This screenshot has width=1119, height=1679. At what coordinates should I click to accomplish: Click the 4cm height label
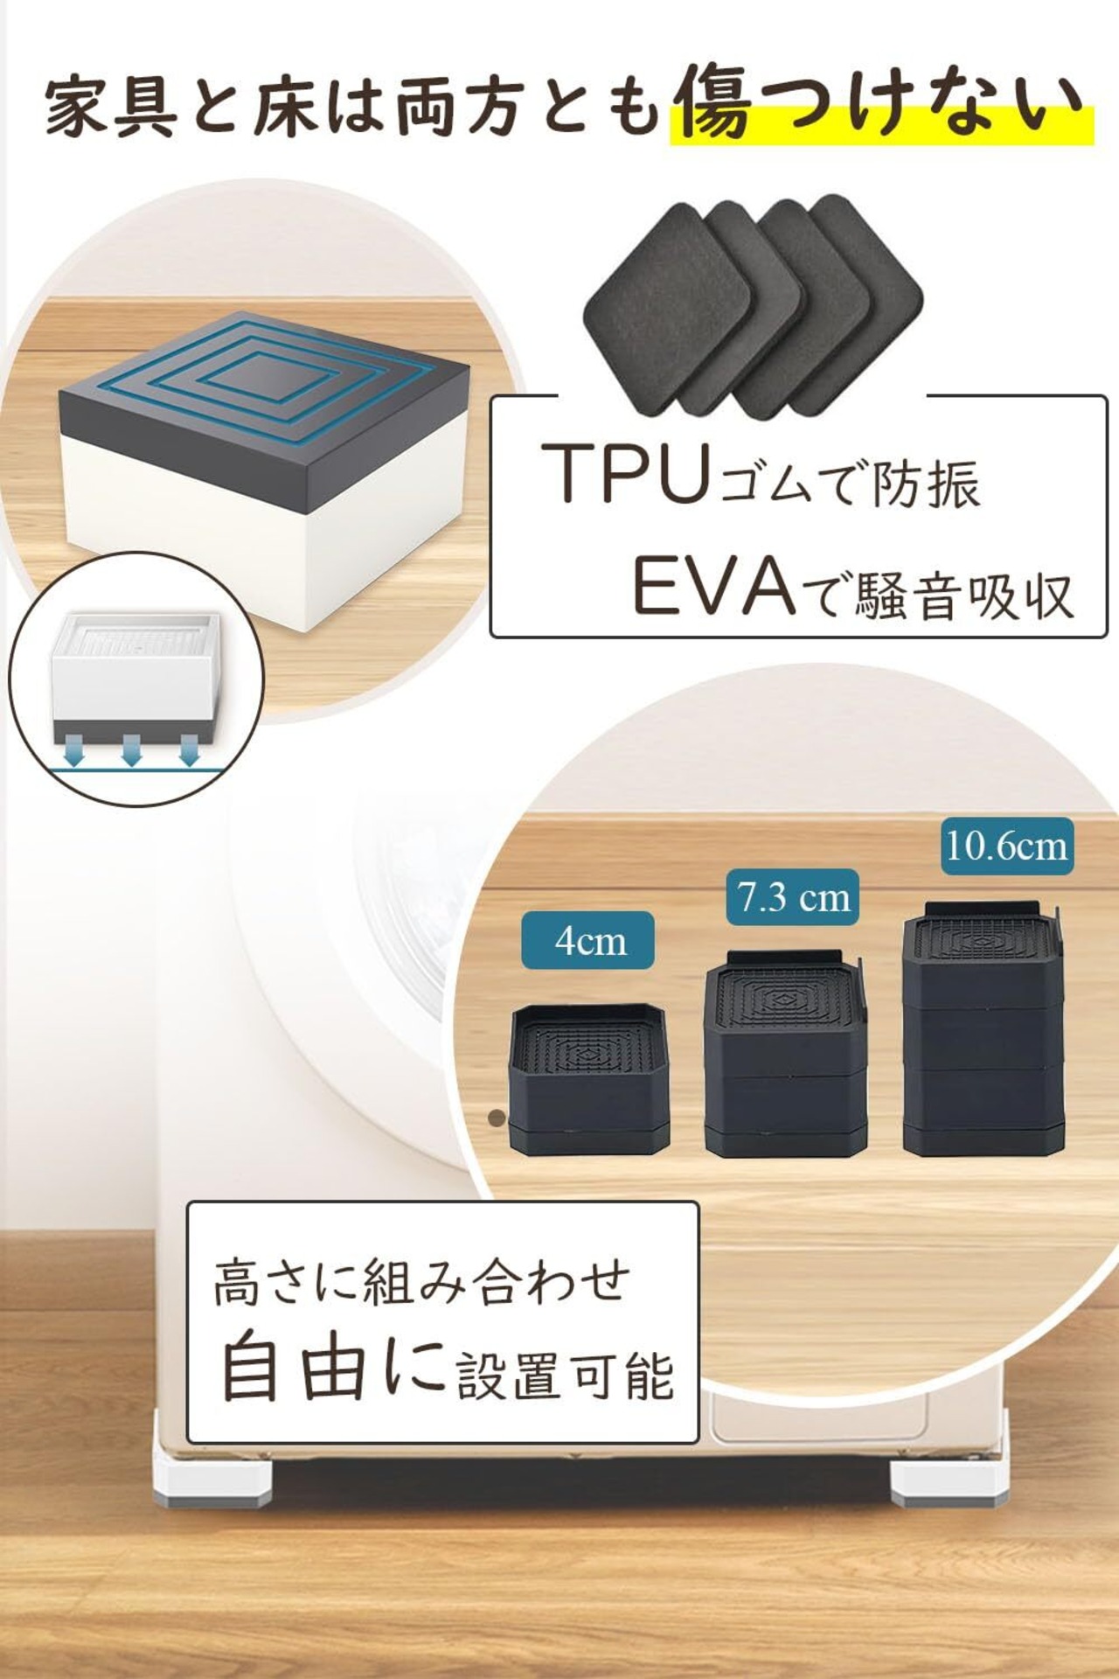tap(587, 940)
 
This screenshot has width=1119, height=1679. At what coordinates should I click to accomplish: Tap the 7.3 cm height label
tap(792, 897)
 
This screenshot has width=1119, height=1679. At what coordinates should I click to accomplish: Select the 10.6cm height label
tap(1006, 846)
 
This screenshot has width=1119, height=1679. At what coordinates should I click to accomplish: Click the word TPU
tap(624, 473)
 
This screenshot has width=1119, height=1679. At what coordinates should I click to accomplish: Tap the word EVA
tap(712, 587)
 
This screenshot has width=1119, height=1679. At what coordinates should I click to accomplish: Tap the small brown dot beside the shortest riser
tap(497, 1117)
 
